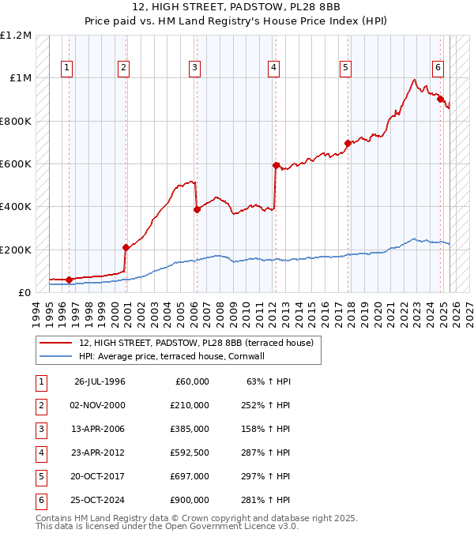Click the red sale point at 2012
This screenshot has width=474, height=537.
click(276, 166)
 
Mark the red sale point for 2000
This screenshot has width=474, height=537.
click(126, 247)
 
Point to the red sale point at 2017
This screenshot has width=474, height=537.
click(348, 143)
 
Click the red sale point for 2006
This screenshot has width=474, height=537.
click(197, 209)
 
